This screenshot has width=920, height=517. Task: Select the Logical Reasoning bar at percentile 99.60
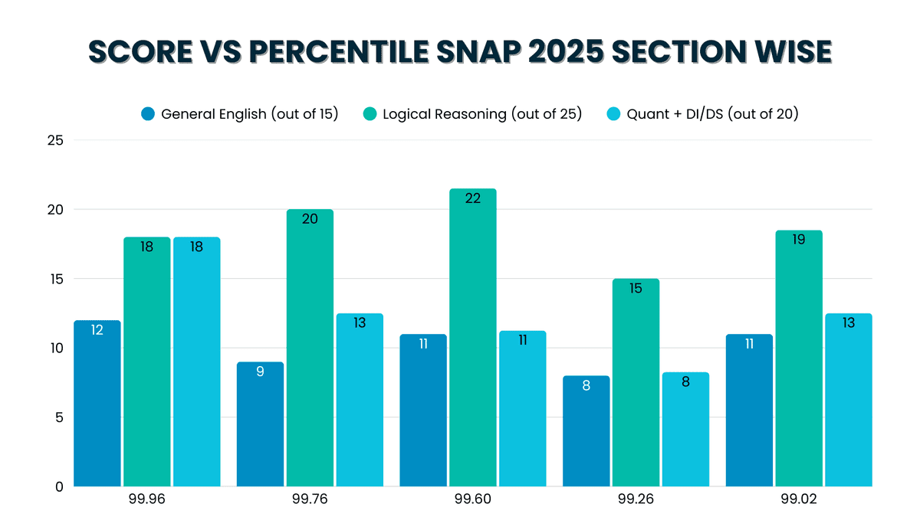point(472,338)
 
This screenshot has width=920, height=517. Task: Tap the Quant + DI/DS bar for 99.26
point(685,430)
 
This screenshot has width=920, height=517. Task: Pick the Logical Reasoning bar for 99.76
point(310,348)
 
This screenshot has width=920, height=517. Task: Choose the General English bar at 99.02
point(749,411)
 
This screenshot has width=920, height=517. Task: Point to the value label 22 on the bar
point(472,198)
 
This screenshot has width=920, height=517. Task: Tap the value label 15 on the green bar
point(636,289)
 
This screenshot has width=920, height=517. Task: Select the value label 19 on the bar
point(799,240)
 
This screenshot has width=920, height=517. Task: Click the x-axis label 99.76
point(310,499)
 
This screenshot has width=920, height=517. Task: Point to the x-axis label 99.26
point(636,499)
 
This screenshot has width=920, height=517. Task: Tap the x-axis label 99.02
point(799,499)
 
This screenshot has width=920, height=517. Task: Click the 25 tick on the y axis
point(55,140)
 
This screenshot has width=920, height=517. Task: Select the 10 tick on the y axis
point(55,348)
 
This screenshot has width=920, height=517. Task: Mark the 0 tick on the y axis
point(59,486)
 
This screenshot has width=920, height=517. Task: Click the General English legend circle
point(148,114)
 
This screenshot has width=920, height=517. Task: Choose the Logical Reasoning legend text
point(482,114)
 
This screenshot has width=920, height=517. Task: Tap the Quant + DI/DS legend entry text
point(712,114)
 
